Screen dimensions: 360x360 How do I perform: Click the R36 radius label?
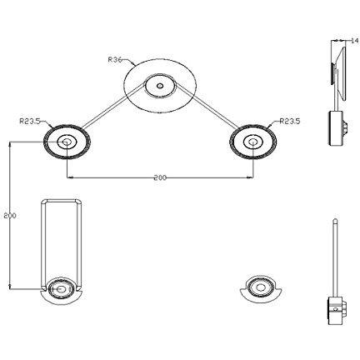tap(115, 59)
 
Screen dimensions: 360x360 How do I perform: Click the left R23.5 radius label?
tap(30, 121)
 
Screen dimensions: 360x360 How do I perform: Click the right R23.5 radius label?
tap(290, 121)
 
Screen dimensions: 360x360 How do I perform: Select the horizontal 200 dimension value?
tap(160, 177)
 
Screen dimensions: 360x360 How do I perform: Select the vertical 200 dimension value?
tap(10, 215)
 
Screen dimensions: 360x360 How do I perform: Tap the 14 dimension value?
tap(354, 41)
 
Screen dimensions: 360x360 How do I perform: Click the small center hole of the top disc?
tap(160, 86)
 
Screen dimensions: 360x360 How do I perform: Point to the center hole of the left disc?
tap(67, 142)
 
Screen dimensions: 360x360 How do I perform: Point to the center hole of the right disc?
tap(252, 142)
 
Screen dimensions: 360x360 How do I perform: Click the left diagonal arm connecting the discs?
tap(113, 107)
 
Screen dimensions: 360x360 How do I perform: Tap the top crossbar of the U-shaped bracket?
tap(62, 201)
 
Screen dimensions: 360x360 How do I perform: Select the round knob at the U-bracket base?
tap(62, 289)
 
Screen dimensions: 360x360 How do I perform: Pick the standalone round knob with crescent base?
tap(261, 288)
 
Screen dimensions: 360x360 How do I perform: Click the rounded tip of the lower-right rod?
tap(335, 220)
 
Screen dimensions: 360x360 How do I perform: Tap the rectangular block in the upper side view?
tap(335, 128)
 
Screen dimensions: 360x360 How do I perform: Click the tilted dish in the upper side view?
tap(341, 72)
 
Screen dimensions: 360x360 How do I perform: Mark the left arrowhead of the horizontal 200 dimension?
tap(70, 177)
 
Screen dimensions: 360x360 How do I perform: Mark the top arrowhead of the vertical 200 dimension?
tap(10, 143)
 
